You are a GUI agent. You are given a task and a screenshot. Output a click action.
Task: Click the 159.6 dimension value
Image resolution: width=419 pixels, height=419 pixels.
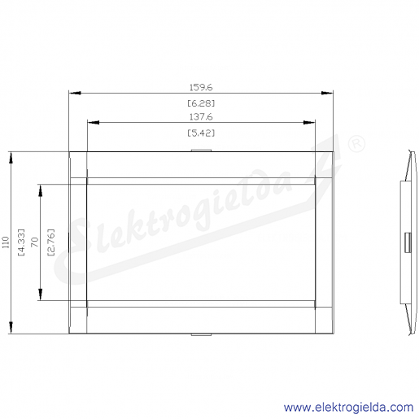[201, 87]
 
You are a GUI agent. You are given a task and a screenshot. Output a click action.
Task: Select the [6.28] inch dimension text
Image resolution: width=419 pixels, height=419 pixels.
[201, 103]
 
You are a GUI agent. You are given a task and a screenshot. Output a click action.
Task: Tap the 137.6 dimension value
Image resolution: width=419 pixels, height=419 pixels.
[201, 117]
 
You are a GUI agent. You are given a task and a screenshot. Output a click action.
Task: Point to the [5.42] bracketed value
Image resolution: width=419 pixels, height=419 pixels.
[201, 133]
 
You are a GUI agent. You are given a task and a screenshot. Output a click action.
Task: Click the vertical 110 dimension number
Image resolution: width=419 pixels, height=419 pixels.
[6, 242]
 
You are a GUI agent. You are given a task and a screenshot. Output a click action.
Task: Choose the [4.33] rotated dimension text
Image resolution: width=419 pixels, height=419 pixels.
[21, 242]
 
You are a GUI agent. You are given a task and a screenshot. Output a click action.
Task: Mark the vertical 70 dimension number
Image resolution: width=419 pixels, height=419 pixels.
[35, 242]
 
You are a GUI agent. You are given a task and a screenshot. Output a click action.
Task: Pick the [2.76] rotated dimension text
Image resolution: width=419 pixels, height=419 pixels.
[50, 242]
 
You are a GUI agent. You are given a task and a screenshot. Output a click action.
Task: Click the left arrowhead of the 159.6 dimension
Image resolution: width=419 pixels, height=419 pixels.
[75, 93]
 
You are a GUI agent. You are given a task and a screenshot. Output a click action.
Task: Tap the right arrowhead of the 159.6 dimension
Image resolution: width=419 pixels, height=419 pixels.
[327, 93]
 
